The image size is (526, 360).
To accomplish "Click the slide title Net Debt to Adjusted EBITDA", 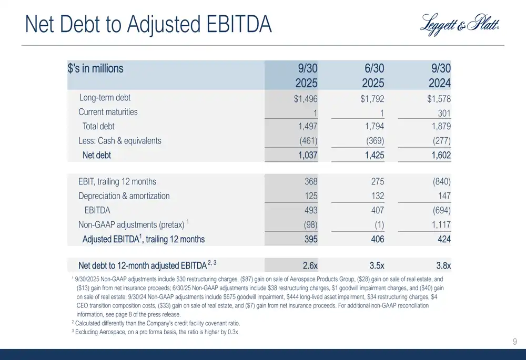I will click(148, 25).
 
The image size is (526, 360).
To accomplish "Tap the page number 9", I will click(515, 343).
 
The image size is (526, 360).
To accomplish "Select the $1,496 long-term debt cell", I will click(305, 98).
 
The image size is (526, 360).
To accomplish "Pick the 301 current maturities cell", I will click(444, 112).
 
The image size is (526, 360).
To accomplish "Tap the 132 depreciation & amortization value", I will click(377, 196).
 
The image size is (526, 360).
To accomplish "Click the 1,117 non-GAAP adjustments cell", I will click(439, 225).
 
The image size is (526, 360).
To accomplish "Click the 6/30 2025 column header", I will click(373, 76).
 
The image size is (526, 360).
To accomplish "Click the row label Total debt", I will click(98, 127).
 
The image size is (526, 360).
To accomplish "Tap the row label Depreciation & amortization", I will click(124, 196).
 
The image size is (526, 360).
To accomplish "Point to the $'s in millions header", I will click(96, 69).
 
